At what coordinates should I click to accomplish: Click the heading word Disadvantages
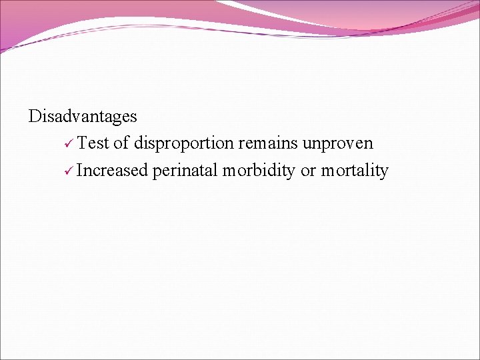83,117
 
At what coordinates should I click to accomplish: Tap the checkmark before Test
69,144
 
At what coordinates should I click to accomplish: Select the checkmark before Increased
69,171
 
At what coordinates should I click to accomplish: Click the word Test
93,143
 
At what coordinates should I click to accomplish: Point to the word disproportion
183,144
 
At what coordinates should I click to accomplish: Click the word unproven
337,144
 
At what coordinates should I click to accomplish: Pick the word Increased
112,171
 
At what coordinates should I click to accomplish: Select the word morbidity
259,171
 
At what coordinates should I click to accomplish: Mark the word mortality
355,171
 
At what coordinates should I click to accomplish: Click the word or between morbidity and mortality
308,171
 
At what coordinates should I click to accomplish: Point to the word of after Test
121,143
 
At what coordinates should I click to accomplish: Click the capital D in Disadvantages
35,117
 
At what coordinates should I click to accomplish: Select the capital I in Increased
79,171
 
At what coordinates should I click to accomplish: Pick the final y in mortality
384,172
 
